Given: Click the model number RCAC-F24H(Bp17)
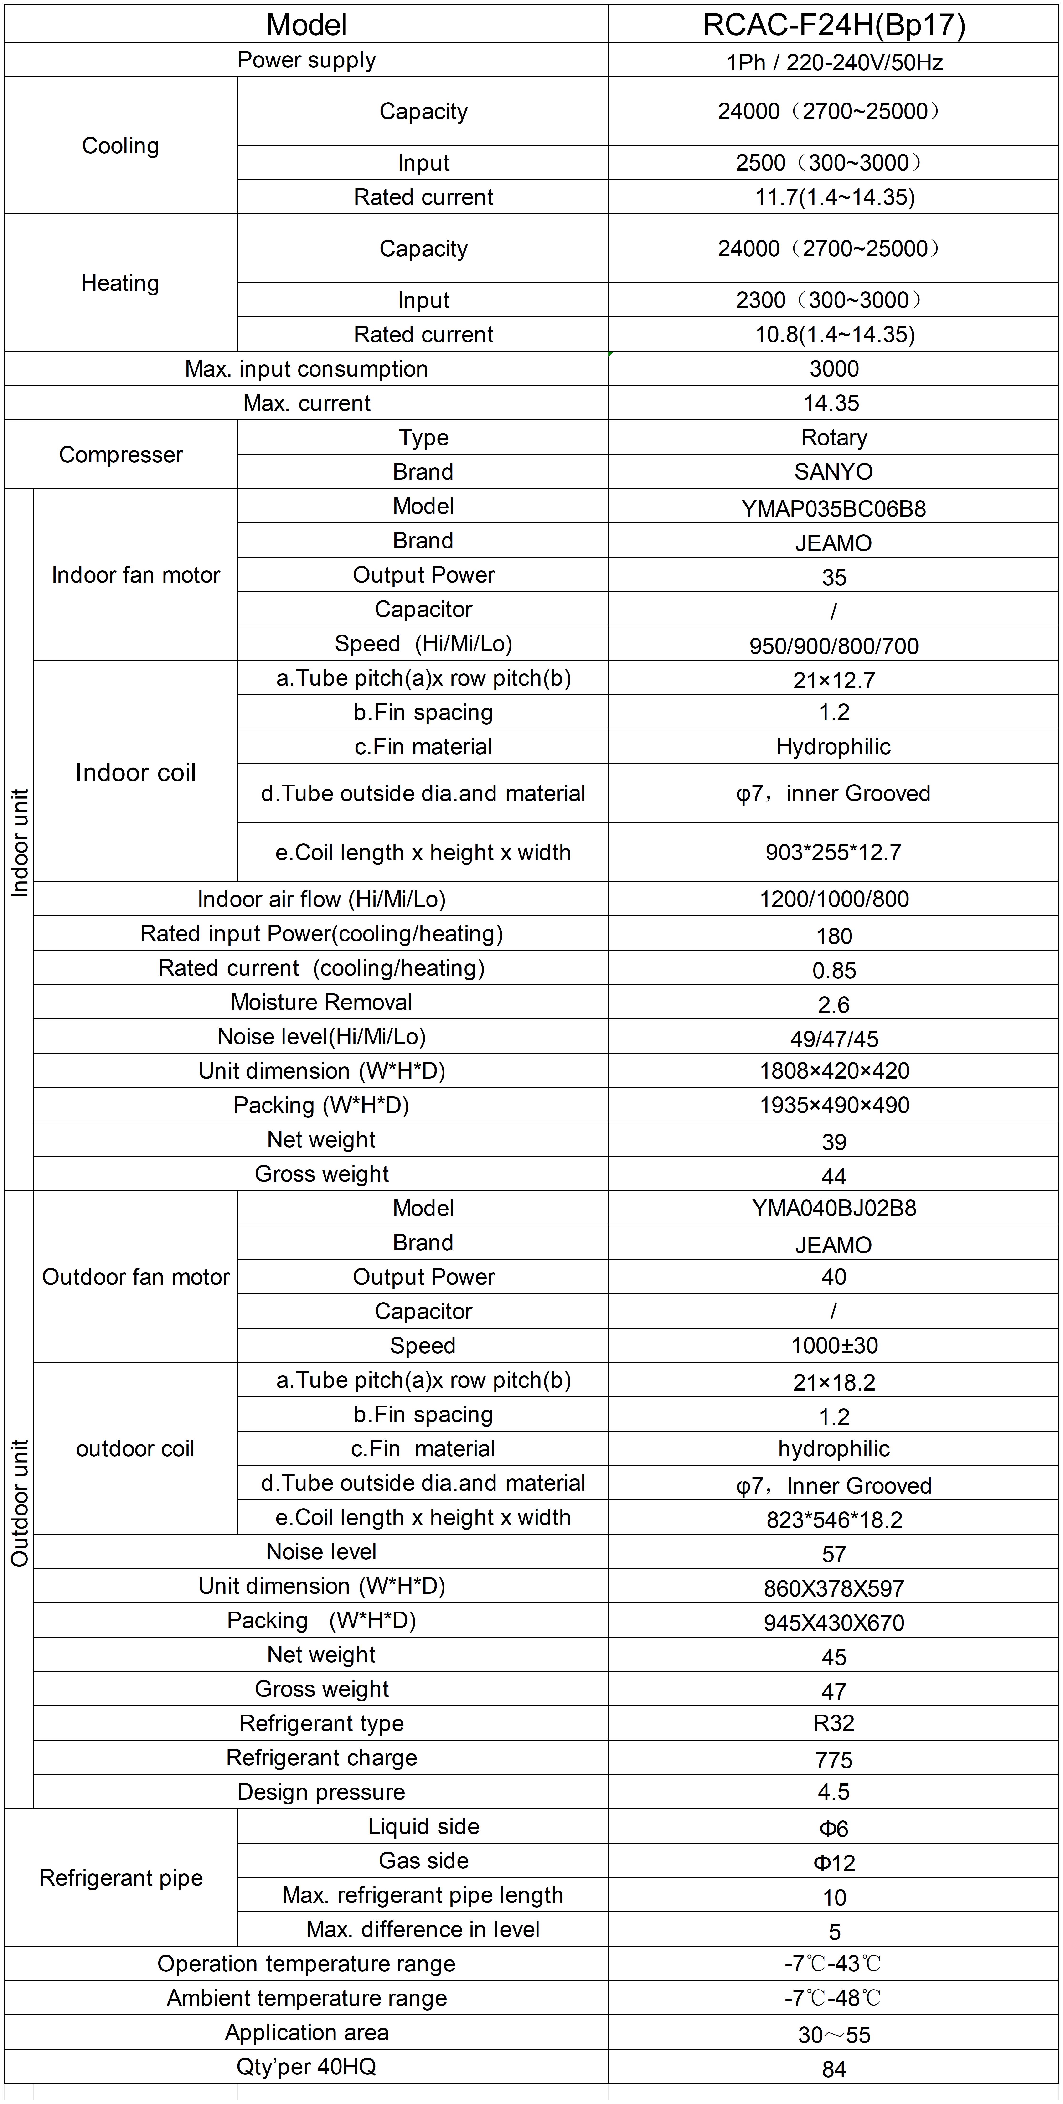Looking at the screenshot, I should [x=834, y=25].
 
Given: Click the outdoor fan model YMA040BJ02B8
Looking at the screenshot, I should [x=834, y=1208].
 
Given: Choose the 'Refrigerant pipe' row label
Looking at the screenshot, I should [x=121, y=1878].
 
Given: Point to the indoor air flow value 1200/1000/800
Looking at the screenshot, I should [x=834, y=899].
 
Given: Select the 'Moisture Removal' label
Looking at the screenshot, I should [x=321, y=1002].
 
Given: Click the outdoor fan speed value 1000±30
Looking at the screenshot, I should [x=834, y=1345].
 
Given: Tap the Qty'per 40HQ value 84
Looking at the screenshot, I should [x=834, y=2069].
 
